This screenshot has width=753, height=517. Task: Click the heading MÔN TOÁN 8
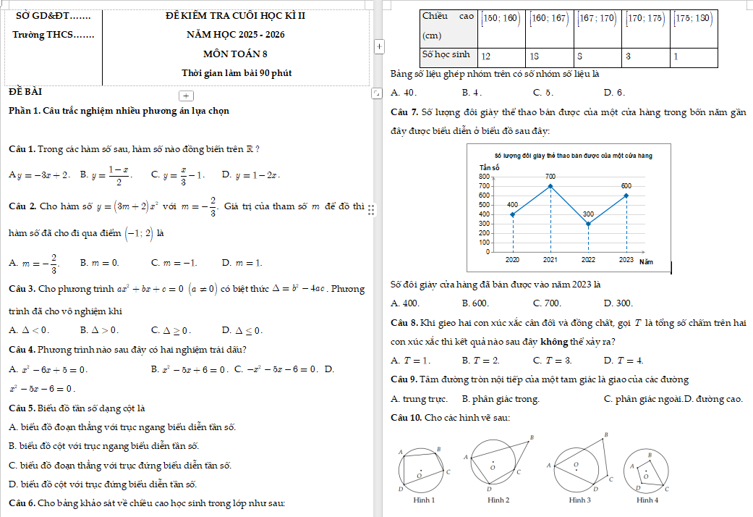coord(235,54)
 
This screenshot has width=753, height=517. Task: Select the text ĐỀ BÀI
coord(25,92)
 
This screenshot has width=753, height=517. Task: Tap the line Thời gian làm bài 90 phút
coord(237,73)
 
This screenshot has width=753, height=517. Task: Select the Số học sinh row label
coord(446,54)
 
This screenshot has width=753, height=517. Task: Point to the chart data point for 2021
coord(550,186)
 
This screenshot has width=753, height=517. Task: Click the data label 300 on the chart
coord(588,214)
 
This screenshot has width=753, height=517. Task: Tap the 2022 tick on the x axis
coord(588,259)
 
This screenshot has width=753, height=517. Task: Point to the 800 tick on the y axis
coord(483,177)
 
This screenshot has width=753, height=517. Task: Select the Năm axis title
coord(646,261)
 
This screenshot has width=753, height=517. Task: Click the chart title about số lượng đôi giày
coord(573,156)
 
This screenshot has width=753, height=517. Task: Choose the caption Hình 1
coord(423,500)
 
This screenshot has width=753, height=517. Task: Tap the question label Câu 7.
coord(404,112)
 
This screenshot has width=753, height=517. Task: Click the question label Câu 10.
coord(406,418)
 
